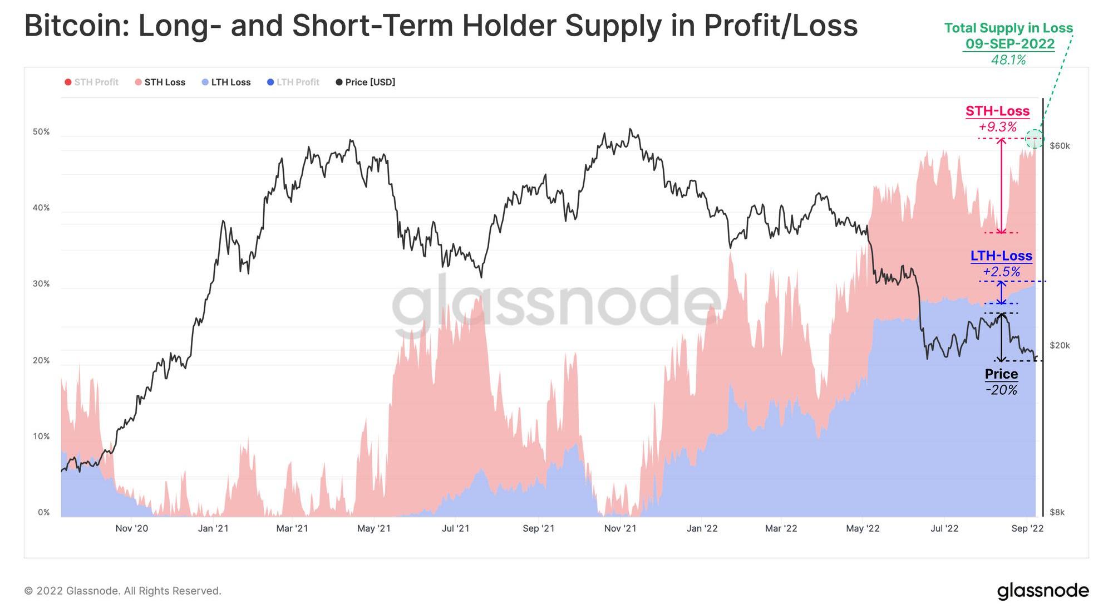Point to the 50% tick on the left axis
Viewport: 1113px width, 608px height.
pos(41,132)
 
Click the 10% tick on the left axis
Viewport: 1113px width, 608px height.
pos(41,437)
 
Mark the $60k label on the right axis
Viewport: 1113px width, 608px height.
pos(1060,146)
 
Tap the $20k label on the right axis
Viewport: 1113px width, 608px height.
pos(1060,346)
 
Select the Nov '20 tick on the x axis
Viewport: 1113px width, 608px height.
pos(132,528)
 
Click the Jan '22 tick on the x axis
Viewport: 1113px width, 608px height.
pos(702,528)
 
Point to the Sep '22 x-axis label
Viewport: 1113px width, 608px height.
pos(1027,528)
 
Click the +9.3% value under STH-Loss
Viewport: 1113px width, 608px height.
pos(998,127)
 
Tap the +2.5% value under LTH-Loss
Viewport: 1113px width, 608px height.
pos(1001,272)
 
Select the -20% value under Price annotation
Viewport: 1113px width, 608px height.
pos(1001,390)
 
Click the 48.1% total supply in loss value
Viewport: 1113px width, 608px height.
pos(1008,60)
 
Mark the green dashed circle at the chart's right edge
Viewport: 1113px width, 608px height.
pos(1035,139)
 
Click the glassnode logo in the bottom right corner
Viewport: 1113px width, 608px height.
pos(1042,591)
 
